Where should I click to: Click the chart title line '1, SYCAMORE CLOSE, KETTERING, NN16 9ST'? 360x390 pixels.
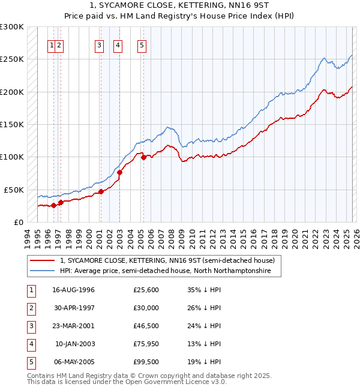pyautogui.click(x=180, y=7)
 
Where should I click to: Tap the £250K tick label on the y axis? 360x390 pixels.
pyautogui.click(x=12, y=59)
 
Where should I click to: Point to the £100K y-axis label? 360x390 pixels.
pyautogui.click(x=12, y=157)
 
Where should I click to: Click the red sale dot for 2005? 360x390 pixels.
pyautogui.click(x=143, y=157)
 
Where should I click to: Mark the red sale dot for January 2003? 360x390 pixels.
pyautogui.click(x=119, y=172)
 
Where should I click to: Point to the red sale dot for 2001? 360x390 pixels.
pyautogui.click(x=101, y=191)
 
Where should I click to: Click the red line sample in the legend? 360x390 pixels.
pyautogui.click(x=43, y=261)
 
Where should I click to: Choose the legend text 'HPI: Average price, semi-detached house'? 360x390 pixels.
pyautogui.click(x=166, y=271)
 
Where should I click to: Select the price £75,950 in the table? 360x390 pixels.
pyautogui.click(x=146, y=344)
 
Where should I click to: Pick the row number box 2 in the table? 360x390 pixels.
pyautogui.click(x=31, y=308)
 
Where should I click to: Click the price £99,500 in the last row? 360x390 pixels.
pyautogui.click(x=146, y=362)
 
